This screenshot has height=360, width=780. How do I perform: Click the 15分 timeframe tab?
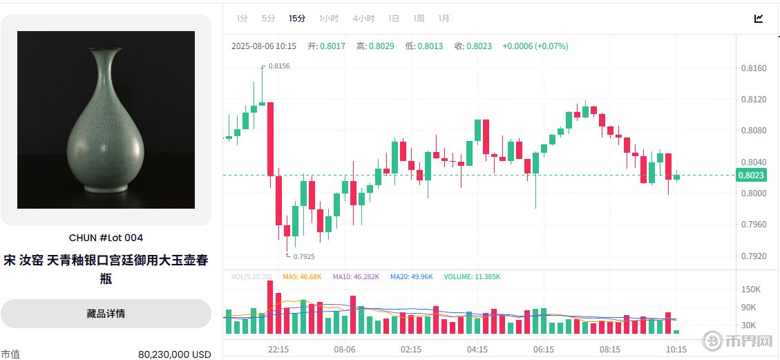(297, 19)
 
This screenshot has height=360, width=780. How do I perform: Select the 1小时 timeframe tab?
(329, 19)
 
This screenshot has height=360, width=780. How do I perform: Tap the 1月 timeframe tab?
(444, 19)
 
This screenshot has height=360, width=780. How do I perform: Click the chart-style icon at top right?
(759, 19)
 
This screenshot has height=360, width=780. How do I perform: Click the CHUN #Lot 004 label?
(106, 238)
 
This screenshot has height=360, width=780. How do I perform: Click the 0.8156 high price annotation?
(278, 66)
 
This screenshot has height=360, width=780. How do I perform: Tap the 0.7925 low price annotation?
(303, 256)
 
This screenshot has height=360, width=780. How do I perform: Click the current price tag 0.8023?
(751, 176)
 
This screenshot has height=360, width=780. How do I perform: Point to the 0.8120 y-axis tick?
(753, 100)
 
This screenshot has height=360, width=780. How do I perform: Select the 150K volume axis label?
(751, 290)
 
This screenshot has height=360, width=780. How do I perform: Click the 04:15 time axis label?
(477, 350)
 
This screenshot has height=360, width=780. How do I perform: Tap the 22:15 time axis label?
(278, 350)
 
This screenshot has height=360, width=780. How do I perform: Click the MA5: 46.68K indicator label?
(302, 277)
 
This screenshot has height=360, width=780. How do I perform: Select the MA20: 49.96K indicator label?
(411, 277)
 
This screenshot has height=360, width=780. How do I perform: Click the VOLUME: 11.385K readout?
(472, 277)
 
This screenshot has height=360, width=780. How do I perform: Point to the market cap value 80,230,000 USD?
(174, 354)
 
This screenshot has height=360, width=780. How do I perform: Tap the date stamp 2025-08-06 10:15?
(264, 46)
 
